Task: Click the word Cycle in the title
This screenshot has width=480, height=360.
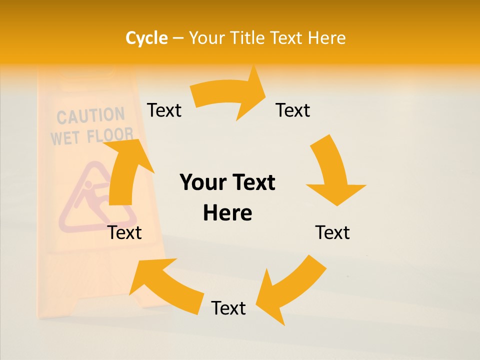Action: pyautogui.click(x=146, y=38)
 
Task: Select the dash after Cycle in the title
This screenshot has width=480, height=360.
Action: pyautogui.click(x=178, y=38)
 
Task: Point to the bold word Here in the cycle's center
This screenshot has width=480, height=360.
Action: pyautogui.click(x=227, y=213)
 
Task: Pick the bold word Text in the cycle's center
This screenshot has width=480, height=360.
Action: pyautogui.click(x=251, y=182)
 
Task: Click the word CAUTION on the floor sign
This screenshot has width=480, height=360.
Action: pyautogui.click(x=90, y=116)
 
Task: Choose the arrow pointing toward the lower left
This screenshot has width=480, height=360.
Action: pyautogui.click(x=290, y=290)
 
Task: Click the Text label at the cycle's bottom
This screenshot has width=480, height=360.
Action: pyautogui.click(x=228, y=308)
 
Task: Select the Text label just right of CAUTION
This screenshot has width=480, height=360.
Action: pyautogui.click(x=164, y=110)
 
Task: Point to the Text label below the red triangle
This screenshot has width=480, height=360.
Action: pyautogui.click(x=125, y=232)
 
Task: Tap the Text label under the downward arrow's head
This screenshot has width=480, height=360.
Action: pyautogui.click(x=332, y=232)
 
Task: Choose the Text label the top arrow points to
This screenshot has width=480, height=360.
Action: pyautogui.click(x=293, y=110)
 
